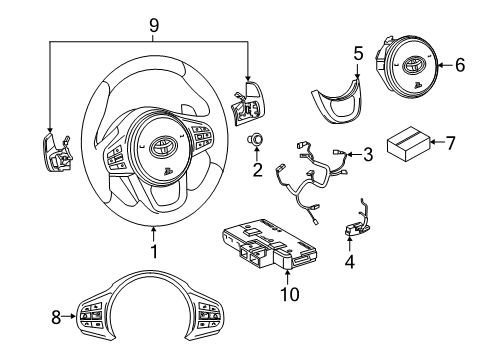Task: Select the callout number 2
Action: point(257,169)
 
